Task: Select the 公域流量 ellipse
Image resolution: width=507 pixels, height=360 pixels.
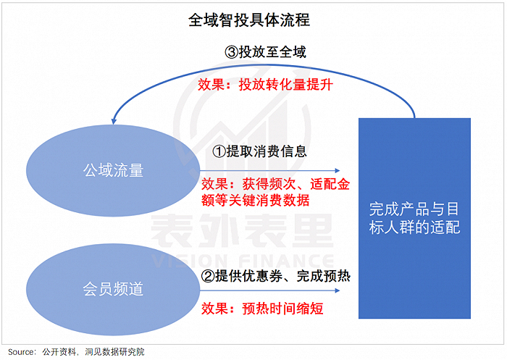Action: click(x=113, y=171)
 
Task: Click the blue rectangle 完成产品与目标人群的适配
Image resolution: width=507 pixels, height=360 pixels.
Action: click(x=415, y=218)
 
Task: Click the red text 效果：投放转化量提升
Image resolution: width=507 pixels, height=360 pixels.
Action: click(x=265, y=84)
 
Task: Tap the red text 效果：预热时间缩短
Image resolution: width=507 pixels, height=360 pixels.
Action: click(x=261, y=308)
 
